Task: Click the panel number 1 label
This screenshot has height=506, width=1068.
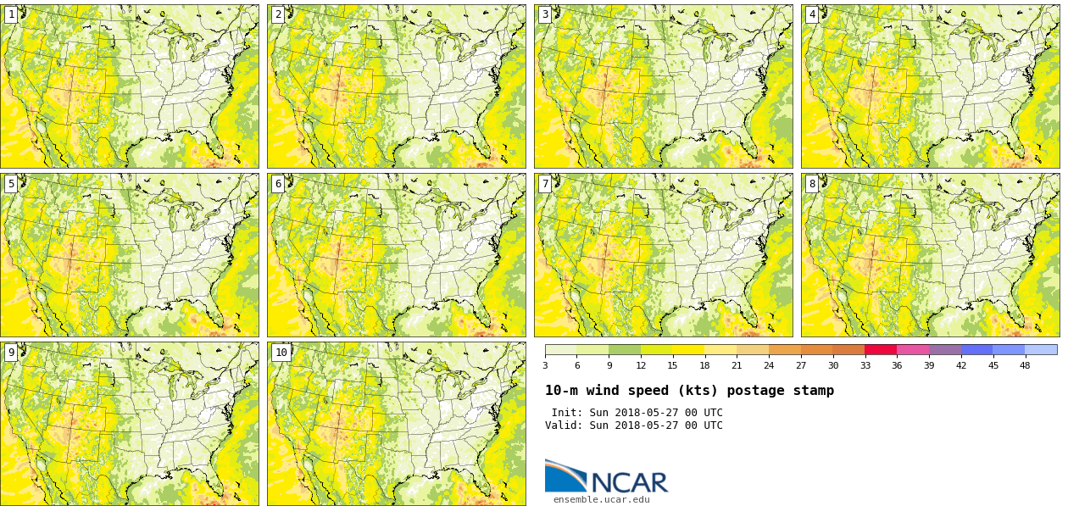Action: tap(11, 14)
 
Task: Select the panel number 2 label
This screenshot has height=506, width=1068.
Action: tap(278, 14)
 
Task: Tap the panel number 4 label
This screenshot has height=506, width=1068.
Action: tap(812, 14)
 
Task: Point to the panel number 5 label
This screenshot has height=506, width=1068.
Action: tap(11, 184)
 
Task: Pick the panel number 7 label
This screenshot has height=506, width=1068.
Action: tap(545, 184)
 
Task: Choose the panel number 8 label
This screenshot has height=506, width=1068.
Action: tap(812, 184)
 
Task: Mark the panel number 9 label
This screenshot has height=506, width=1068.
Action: tap(11, 353)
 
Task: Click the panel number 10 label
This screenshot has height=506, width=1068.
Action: tap(281, 353)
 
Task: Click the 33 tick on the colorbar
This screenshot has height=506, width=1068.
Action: tap(865, 355)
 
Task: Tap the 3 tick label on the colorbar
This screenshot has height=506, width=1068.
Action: tap(545, 366)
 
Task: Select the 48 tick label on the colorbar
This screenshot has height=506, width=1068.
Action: tap(1025, 366)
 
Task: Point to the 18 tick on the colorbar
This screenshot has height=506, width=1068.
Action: tap(704, 355)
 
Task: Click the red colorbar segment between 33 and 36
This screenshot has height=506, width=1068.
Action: tap(881, 349)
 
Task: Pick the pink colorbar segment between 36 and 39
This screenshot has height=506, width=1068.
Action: tap(913, 349)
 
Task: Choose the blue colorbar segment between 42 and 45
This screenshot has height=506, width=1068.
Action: tap(976, 349)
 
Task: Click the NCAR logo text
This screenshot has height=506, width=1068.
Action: tap(629, 482)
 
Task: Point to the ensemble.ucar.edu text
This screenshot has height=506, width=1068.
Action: tap(602, 500)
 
